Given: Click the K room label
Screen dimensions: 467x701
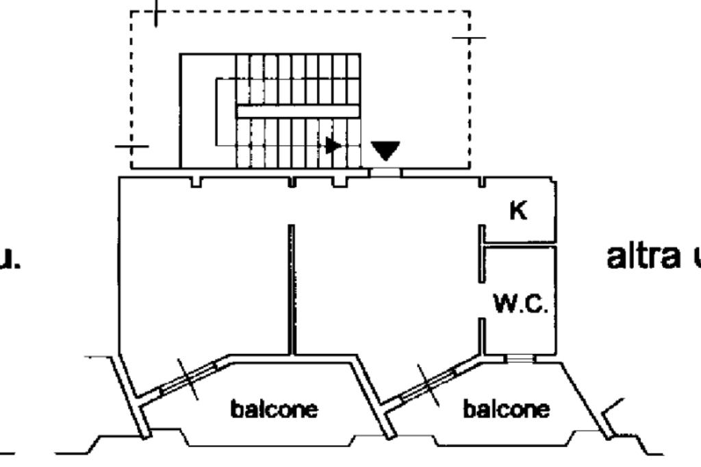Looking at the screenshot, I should tap(518, 212).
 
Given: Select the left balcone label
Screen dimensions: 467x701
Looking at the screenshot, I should tap(274, 409).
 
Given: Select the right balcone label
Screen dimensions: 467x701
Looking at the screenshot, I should tap(506, 409).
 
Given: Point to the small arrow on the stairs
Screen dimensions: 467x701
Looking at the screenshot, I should tap(333, 145).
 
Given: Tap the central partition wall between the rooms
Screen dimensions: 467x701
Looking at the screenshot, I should tap(292, 288).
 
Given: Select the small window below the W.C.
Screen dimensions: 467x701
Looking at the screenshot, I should tap(520, 358).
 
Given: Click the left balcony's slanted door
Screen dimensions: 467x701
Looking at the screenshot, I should tap(188, 378).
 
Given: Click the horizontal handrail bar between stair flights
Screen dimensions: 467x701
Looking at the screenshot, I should tap(298, 111).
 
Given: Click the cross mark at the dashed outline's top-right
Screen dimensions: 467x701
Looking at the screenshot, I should tap(469, 38).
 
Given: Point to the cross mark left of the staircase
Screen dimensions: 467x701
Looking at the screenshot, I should tap(131, 146).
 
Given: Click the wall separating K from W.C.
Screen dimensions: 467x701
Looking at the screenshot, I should tap(518, 243).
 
